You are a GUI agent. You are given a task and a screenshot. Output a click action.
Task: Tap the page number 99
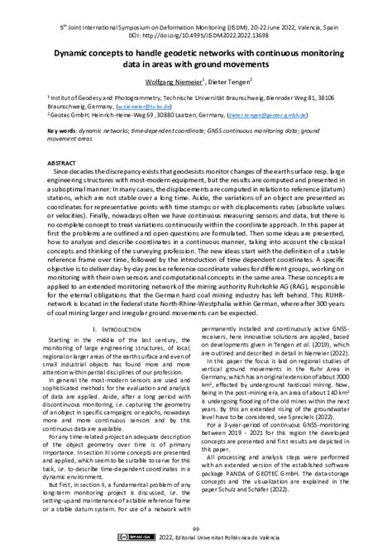point(195,529)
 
